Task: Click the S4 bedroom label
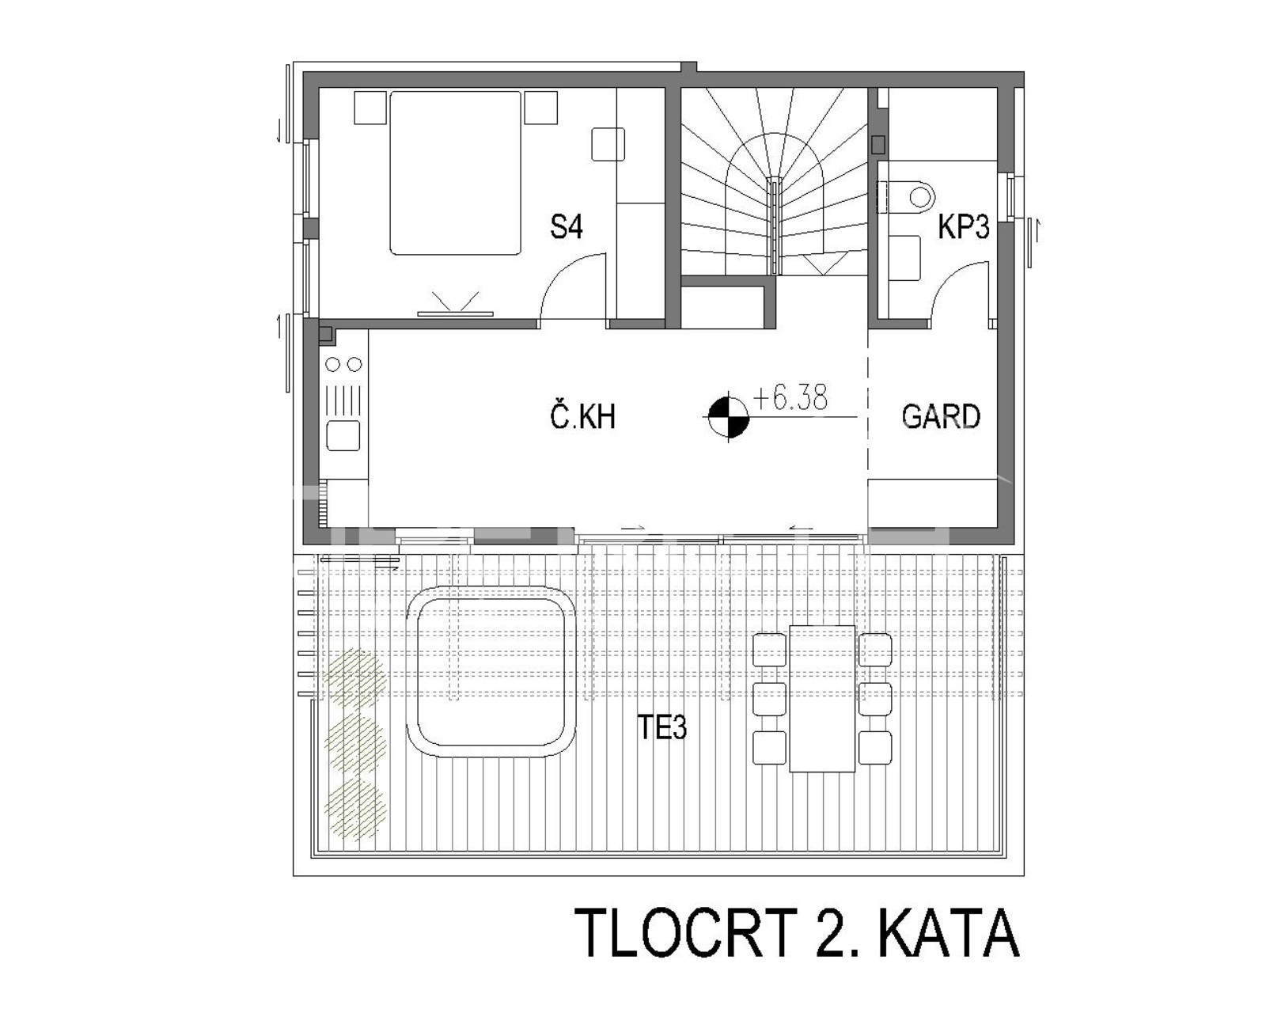[x=566, y=226]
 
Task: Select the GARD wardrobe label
[x=941, y=417]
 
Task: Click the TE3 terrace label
[x=661, y=727]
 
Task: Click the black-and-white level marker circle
[x=728, y=417]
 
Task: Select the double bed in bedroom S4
[x=455, y=173]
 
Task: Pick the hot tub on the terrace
[x=491, y=672]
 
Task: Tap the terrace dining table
[x=822, y=699]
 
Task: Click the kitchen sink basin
[x=343, y=436]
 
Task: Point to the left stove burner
[x=332, y=365]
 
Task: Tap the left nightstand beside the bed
[x=370, y=107]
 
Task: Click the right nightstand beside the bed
[x=540, y=107]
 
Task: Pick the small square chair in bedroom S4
[x=608, y=144]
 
